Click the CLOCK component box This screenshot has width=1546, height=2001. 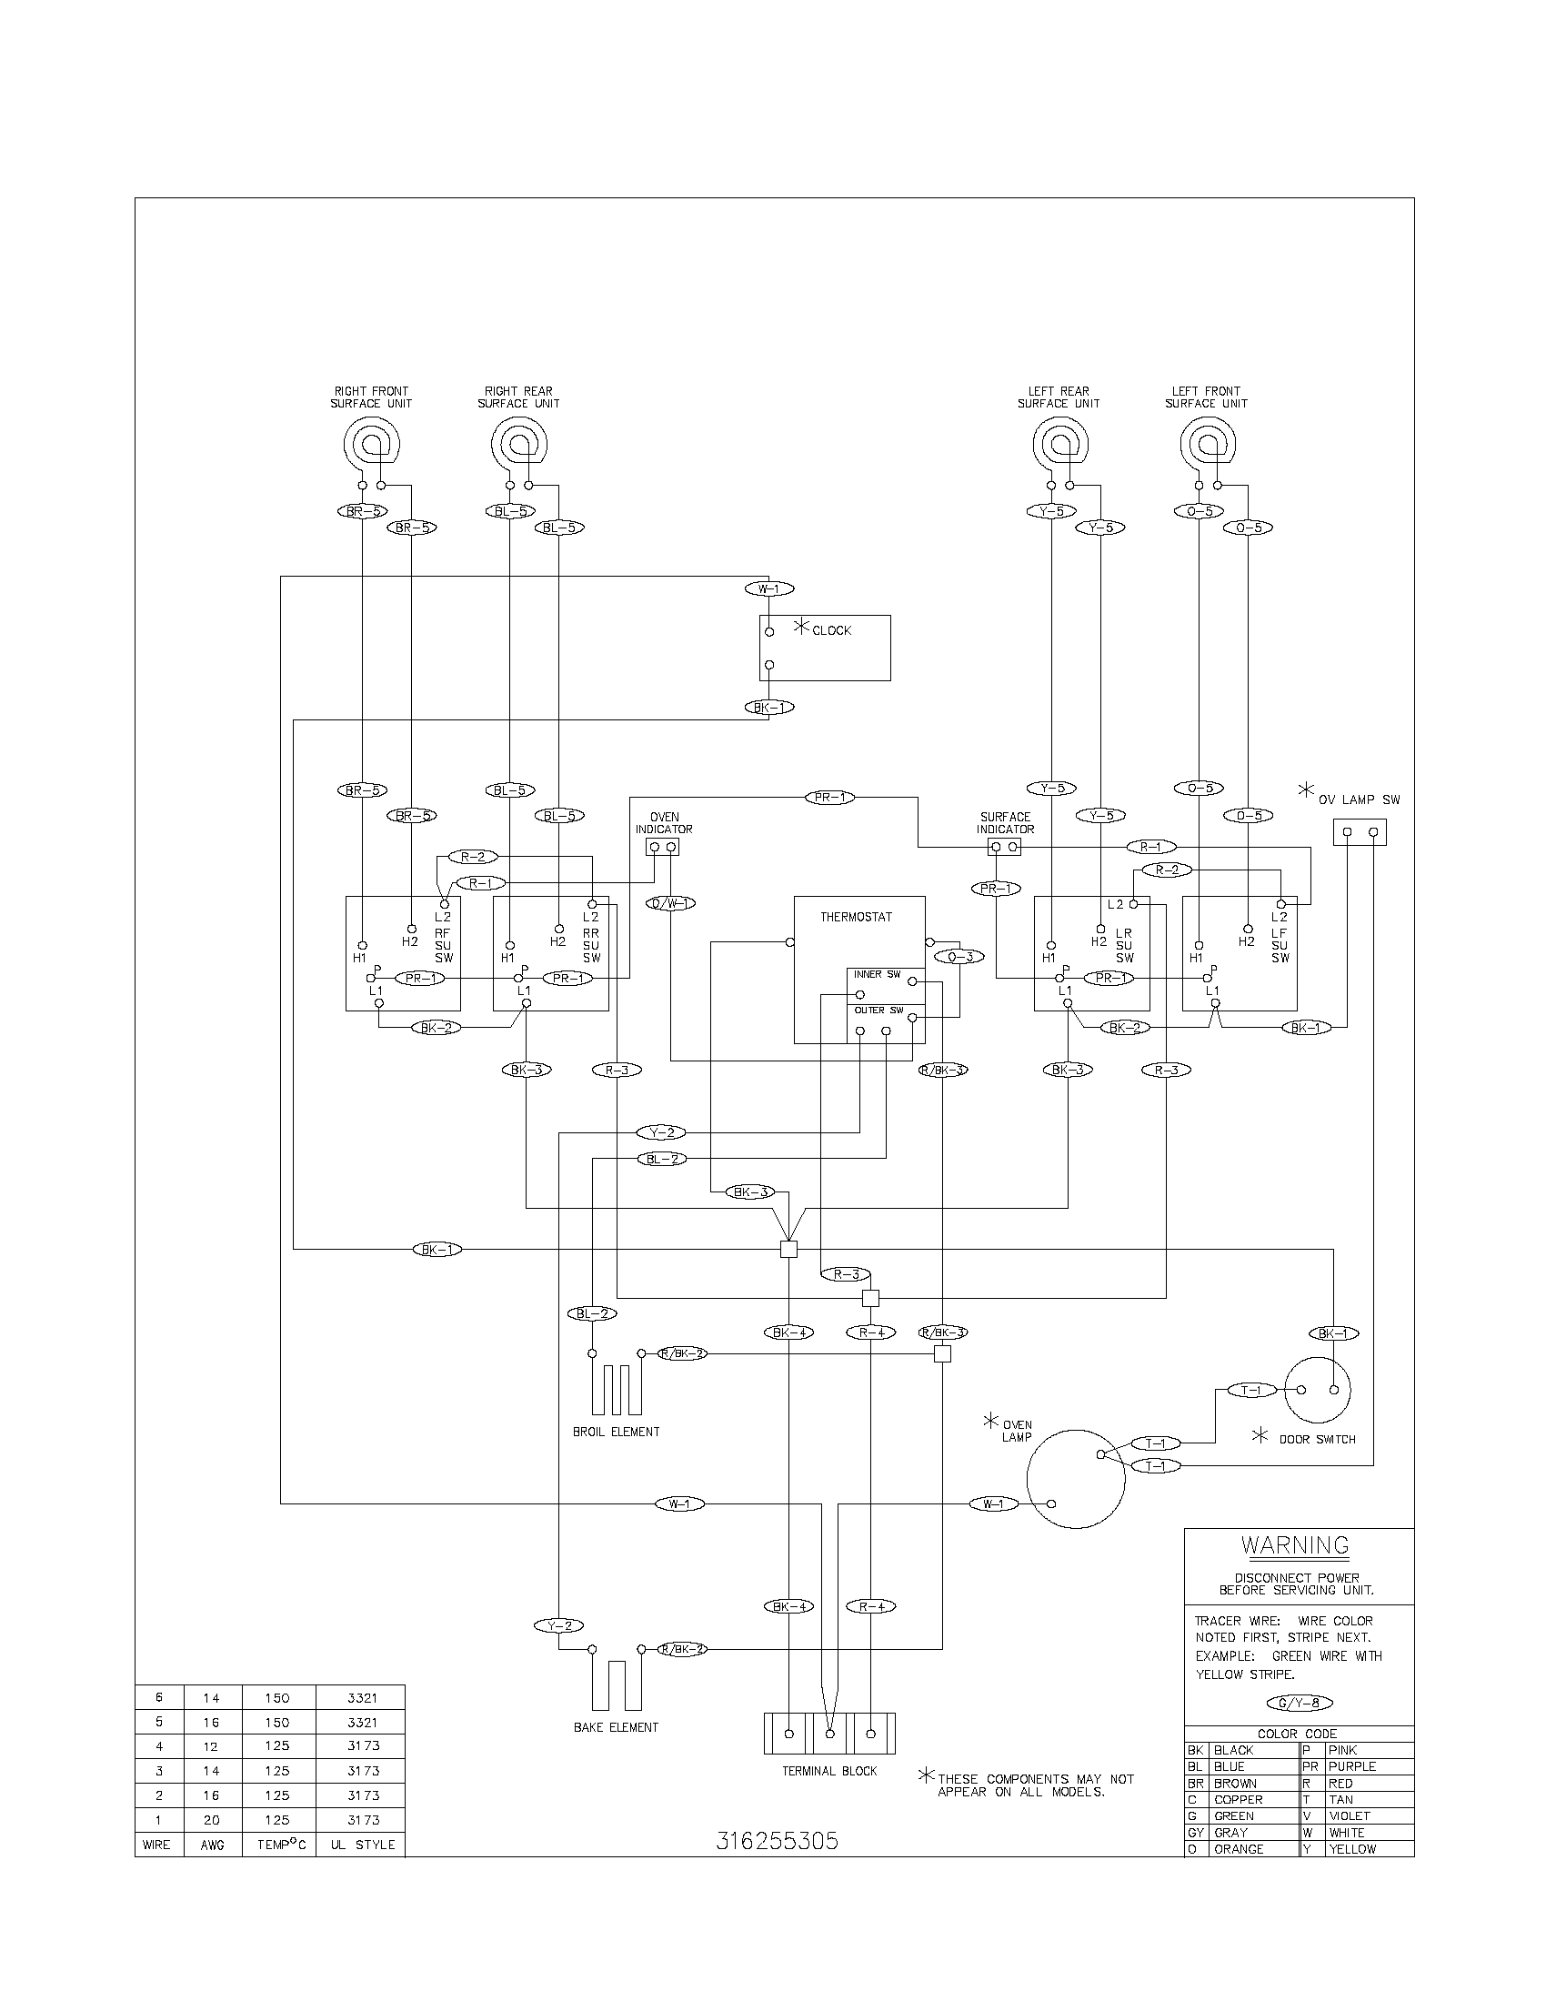tap(824, 648)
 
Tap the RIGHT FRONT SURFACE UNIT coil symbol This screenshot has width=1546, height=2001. tap(371, 445)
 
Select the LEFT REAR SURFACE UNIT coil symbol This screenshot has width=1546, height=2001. tap(1059, 445)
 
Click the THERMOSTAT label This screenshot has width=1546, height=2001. tap(856, 917)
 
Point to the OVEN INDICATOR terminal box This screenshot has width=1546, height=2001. tap(663, 848)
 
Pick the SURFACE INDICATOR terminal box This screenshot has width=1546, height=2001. tap(1005, 848)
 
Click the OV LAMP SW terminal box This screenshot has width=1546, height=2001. tap(1360, 832)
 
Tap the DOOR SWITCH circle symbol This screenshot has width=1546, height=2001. tap(1317, 1390)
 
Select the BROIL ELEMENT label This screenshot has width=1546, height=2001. tap(616, 1432)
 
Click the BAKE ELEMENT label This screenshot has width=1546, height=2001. tap(616, 1727)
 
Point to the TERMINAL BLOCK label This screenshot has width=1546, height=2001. tap(828, 1771)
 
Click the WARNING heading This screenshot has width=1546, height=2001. tap(1295, 1544)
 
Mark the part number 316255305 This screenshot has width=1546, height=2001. tap(777, 1841)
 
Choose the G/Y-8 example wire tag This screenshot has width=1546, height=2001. tap(1299, 1704)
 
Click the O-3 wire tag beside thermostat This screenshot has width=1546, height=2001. tap(959, 957)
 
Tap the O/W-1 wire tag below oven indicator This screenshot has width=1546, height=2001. tap(670, 903)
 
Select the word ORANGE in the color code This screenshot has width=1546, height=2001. tap(1239, 1849)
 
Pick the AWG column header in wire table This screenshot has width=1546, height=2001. tap(213, 1845)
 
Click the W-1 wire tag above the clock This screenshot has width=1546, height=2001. tap(769, 588)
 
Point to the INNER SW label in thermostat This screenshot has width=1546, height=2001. tap(877, 975)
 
